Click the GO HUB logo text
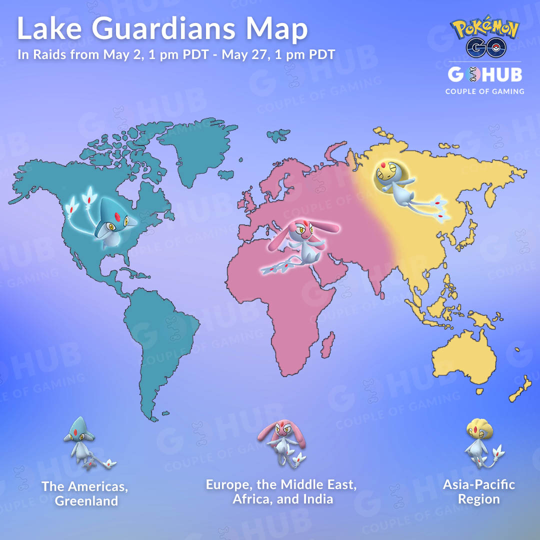coord(484,75)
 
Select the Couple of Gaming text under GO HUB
coord(484,91)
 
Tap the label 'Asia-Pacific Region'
coord(478,491)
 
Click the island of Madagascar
coord(327,345)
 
